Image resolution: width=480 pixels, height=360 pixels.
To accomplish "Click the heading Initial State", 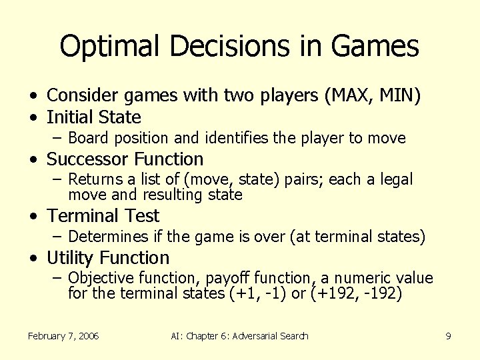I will (x=94, y=118).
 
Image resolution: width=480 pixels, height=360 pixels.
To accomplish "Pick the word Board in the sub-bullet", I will (x=85, y=139).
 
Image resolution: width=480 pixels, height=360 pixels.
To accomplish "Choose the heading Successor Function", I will (x=125, y=159).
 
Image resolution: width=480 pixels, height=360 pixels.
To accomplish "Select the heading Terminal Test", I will (x=103, y=216).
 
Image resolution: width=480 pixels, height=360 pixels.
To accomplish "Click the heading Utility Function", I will (x=108, y=258).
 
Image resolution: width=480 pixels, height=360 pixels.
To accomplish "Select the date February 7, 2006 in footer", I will (x=63, y=336).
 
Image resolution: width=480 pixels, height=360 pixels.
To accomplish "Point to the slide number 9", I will (x=448, y=336).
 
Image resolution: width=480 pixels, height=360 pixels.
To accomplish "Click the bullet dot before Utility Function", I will (x=32, y=259).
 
